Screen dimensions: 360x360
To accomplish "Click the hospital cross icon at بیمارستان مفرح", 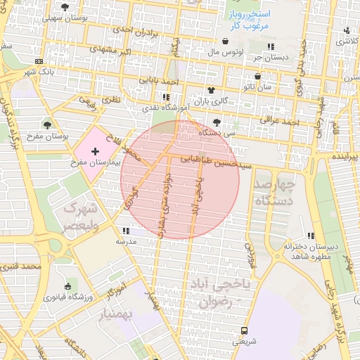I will [96, 152].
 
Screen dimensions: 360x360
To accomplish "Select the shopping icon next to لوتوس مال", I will [225, 41].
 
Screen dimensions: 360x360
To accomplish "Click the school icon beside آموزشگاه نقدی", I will [165, 97].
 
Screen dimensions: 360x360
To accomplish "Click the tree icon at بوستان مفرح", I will [48, 125].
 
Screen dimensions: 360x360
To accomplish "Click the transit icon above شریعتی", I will [243, 330].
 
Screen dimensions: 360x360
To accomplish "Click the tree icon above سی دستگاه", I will [216, 122].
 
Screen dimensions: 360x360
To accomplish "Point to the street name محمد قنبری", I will [19, 267].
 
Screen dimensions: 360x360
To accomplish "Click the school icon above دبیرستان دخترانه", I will [311, 236].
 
